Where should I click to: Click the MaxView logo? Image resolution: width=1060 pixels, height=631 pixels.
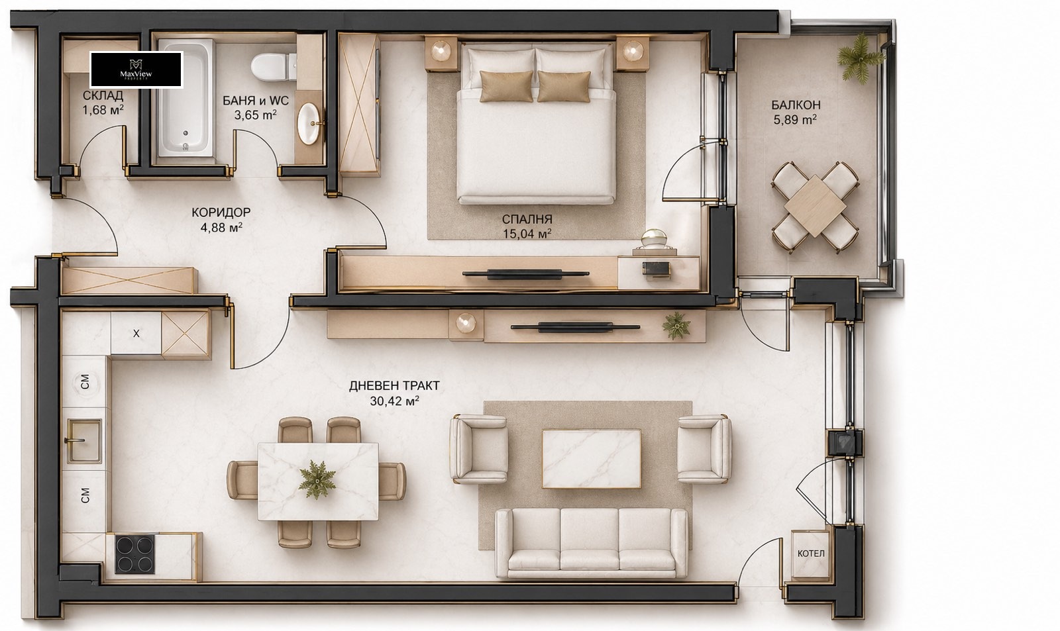(x=136, y=70)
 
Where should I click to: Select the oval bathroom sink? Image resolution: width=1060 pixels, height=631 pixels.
(x=309, y=123)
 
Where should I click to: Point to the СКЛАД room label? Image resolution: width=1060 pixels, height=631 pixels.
(x=103, y=95)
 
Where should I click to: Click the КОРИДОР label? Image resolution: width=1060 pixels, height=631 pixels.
(x=221, y=213)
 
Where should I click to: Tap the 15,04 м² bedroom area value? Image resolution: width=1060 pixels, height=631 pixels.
(x=527, y=234)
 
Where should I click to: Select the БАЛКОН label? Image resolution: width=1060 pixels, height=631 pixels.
(x=796, y=105)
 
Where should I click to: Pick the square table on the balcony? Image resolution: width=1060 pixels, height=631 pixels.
(x=815, y=206)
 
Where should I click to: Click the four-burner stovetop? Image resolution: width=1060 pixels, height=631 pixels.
(x=136, y=554)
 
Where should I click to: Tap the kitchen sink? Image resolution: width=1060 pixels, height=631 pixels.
(x=84, y=440)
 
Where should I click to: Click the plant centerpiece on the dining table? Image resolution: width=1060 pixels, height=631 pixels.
(x=317, y=479)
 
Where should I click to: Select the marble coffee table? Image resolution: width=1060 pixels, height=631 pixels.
(x=592, y=458)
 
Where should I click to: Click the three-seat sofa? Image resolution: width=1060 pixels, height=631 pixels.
(x=592, y=543)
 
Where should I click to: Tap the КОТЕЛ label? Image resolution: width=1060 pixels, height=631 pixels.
(x=811, y=554)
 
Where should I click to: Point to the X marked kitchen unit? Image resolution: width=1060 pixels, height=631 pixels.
(x=136, y=333)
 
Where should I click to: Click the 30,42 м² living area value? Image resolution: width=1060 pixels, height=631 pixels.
(x=394, y=401)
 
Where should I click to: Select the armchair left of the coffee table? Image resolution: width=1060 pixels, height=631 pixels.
(x=478, y=449)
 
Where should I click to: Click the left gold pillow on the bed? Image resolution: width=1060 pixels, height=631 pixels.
(x=506, y=86)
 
